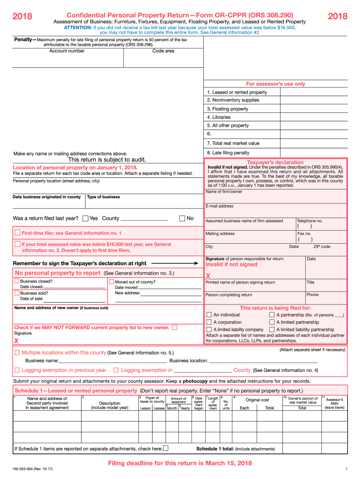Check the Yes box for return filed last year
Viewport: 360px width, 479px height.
[x=86, y=218]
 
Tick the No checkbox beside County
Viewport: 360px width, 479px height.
[x=183, y=218]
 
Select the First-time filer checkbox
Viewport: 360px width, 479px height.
[x=17, y=232]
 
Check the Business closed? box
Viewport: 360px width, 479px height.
[x=17, y=282]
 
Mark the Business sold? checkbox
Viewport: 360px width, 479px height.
[x=17, y=293]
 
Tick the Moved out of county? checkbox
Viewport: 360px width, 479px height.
[x=111, y=282]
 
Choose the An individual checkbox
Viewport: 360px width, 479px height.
[x=209, y=315]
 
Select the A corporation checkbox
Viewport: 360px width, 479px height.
[x=209, y=322]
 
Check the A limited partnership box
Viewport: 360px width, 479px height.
[x=272, y=322]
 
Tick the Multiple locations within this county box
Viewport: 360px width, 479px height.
[x=17, y=352]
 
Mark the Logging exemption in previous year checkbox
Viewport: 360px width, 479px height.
[x=17, y=370]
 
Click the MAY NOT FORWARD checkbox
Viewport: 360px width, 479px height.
[x=175, y=327]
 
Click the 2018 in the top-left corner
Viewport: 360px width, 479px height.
[x=22, y=17]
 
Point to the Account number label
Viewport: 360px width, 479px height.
[x=67, y=51]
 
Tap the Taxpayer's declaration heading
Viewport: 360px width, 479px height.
[x=275, y=162]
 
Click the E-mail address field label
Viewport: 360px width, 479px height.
[x=219, y=206]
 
